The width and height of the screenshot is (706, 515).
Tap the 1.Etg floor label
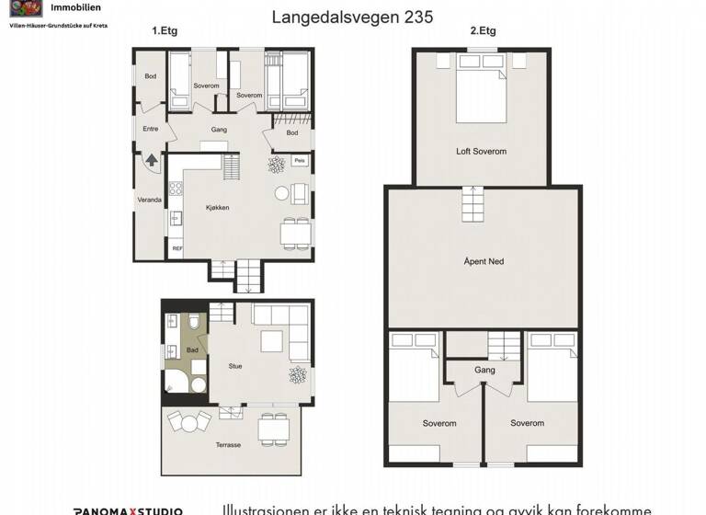tap(165, 30)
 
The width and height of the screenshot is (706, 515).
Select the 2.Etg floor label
tap(483, 30)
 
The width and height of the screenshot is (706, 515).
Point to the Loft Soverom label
tap(481, 151)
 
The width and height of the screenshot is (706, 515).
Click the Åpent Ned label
tap(483, 262)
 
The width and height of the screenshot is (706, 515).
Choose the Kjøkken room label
tap(217, 208)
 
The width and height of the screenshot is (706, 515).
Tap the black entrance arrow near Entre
tap(152, 162)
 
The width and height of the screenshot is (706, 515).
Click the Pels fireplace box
tap(299, 161)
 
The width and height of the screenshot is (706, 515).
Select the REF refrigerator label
tap(176, 248)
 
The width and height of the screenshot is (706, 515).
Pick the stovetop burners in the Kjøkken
tap(176, 189)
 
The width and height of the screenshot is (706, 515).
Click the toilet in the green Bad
tap(195, 323)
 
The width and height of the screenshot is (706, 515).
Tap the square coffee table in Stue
tap(270, 342)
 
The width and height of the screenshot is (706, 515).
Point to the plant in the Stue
tap(298, 374)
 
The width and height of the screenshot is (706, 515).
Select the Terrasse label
tap(228, 445)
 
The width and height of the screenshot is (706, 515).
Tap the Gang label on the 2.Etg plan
tap(484, 370)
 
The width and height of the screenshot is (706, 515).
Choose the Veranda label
tap(150, 200)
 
